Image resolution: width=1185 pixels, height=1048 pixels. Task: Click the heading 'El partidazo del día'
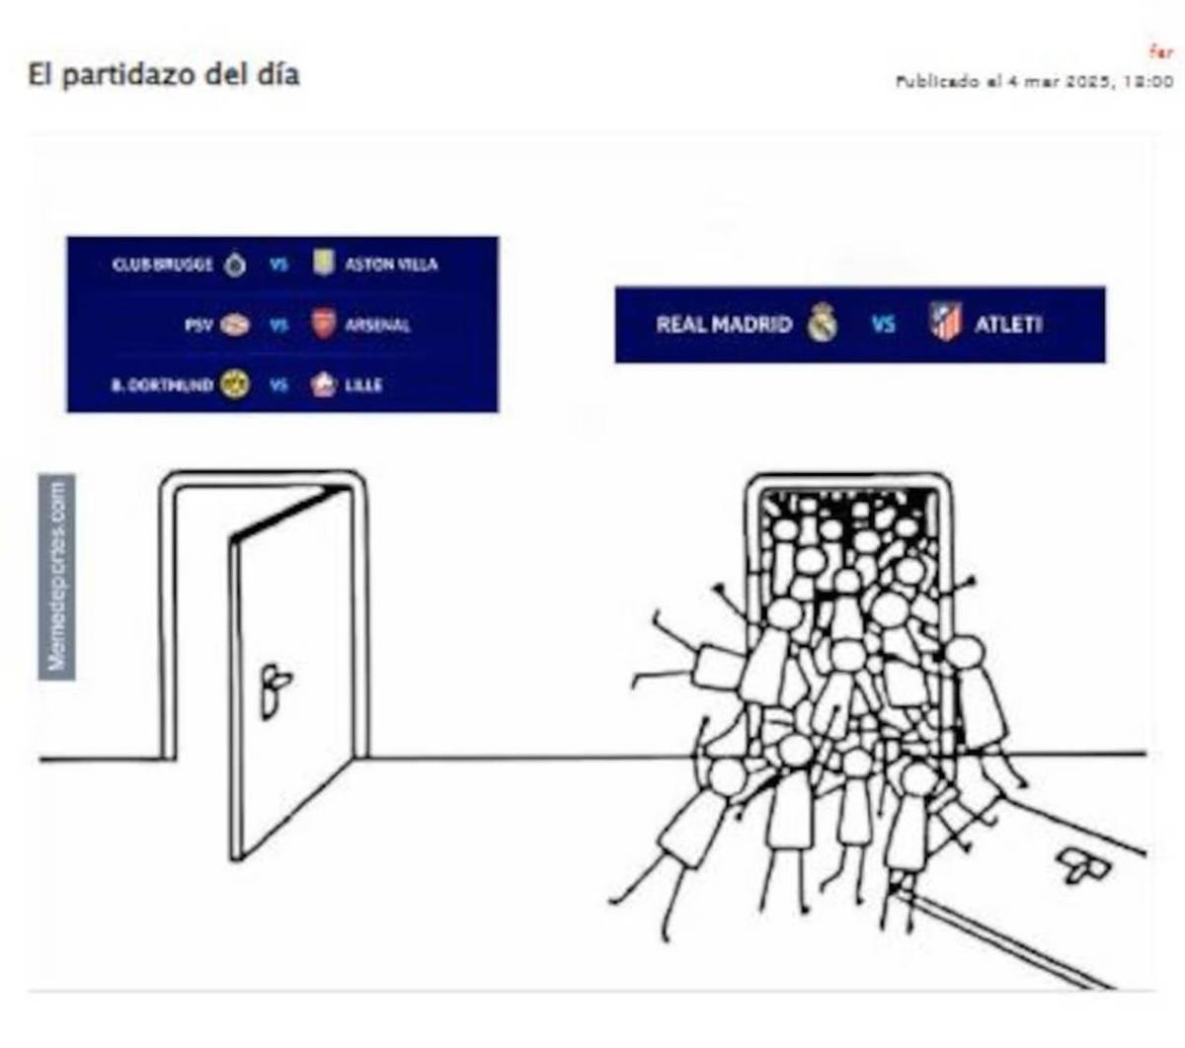[x=164, y=75]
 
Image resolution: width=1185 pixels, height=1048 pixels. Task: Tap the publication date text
[x=1034, y=81]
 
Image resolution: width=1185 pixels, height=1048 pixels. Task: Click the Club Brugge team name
[x=163, y=265]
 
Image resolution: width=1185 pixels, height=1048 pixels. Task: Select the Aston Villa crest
[x=323, y=263]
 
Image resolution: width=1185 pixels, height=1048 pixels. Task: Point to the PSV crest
[x=235, y=324]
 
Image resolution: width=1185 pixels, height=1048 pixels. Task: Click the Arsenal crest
[x=323, y=324]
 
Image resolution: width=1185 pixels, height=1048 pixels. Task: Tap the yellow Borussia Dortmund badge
[x=235, y=384]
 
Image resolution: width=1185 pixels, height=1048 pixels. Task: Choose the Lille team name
[x=363, y=385]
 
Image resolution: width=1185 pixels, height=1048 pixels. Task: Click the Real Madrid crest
[x=823, y=323]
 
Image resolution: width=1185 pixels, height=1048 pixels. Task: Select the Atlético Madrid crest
[x=945, y=323]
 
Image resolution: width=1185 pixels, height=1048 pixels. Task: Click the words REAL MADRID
[x=724, y=324]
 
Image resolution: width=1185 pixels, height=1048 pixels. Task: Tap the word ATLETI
[x=1008, y=324]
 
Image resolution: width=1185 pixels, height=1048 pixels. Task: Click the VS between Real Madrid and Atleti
[x=883, y=324]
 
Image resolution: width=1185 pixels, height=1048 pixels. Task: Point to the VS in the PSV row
[x=279, y=325]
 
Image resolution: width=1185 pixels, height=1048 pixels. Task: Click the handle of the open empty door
[x=275, y=688]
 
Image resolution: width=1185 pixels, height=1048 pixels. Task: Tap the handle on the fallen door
[x=1083, y=865]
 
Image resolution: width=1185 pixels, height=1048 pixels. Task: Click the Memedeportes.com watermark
[x=57, y=577]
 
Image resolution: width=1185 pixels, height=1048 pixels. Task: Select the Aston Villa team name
[x=391, y=265]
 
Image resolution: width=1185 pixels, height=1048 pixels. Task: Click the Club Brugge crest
[x=234, y=265]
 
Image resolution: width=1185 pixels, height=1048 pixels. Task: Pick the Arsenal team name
[x=377, y=325]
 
